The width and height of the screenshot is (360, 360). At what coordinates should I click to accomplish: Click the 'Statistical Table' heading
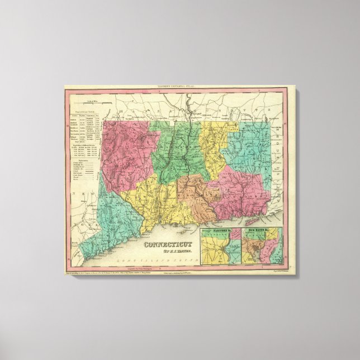79,112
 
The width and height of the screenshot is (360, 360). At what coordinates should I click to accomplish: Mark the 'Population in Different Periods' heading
79,146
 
